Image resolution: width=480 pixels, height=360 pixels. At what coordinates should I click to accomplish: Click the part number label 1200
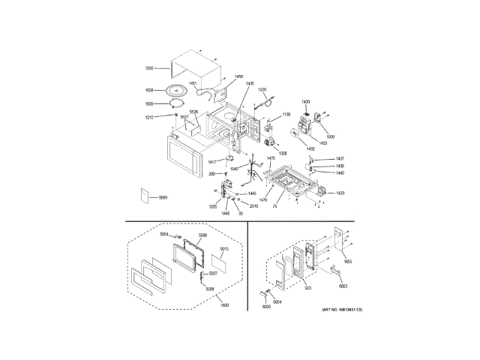[148, 68]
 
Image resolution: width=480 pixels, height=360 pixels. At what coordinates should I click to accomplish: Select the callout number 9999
[163, 196]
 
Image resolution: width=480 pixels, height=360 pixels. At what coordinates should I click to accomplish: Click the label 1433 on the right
[340, 193]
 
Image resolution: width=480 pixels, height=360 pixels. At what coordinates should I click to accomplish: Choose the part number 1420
[305, 101]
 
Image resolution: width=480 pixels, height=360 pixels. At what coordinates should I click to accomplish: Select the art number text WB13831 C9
[342, 309]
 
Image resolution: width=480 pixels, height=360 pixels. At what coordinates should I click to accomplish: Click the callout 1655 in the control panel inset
[347, 262]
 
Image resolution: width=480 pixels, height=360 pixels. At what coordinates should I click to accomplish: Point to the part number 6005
[265, 307]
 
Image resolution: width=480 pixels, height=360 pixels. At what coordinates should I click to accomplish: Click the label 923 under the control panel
[307, 288]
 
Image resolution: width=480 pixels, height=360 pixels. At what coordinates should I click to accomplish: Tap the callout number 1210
[150, 117]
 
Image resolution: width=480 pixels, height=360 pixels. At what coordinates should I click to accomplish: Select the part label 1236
[262, 90]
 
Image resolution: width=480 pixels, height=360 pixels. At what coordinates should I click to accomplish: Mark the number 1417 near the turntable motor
[212, 161]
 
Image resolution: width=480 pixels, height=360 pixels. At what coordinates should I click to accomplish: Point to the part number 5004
[163, 234]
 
